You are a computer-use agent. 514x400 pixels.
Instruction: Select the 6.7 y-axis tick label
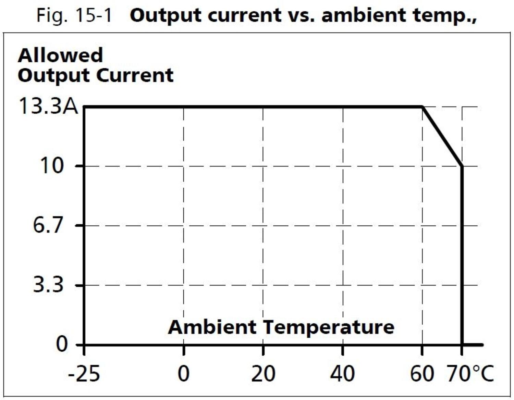click(48, 225)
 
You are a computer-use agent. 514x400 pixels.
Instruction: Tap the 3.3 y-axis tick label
click(48, 285)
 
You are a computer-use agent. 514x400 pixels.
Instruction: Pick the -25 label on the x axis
click(84, 373)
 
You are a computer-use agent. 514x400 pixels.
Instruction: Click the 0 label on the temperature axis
click(184, 373)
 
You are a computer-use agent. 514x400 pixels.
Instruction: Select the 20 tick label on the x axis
click(263, 373)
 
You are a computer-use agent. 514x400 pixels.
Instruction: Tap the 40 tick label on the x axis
click(342, 373)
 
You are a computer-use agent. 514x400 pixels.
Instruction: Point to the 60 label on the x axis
click(422, 373)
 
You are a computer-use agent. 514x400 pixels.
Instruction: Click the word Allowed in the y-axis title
click(60, 55)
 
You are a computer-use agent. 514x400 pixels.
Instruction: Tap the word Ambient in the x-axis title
click(212, 327)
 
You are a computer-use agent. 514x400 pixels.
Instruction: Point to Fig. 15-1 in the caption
click(74, 15)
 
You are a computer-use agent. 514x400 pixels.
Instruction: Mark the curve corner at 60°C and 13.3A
click(423, 107)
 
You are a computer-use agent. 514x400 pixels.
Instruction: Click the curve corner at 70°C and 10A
click(462, 166)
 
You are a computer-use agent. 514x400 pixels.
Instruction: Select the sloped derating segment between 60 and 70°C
click(442, 137)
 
